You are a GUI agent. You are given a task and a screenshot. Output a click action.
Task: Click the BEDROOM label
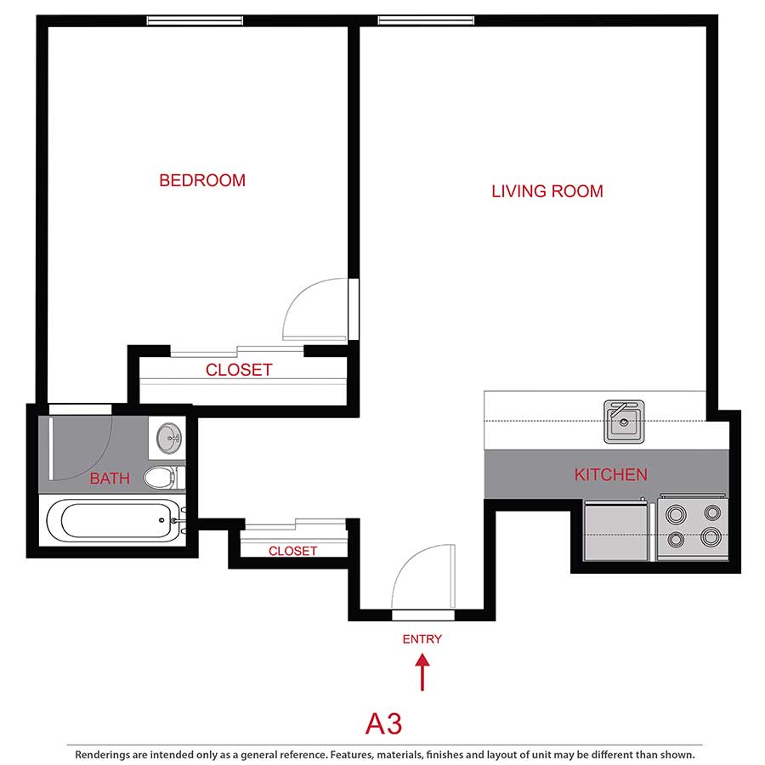(202, 180)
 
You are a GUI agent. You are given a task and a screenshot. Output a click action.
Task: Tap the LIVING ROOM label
(547, 191)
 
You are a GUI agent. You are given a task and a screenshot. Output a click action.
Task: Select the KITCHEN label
(610, 474)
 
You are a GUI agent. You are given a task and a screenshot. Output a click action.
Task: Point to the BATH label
(110, 479)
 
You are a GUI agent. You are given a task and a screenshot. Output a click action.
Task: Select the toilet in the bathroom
(161, 477)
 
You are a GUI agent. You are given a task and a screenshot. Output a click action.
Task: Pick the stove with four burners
(691, 526)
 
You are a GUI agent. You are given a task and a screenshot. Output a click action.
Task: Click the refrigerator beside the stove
(616, 530)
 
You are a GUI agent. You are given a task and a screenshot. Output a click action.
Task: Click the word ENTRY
(422, 639)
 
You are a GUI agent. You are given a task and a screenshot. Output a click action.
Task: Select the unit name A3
(383, 723)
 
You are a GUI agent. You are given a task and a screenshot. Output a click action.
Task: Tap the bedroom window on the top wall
(195, 20)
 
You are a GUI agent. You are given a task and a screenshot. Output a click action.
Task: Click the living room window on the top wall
(426, 20)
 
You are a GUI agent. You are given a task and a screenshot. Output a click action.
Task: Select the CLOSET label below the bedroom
(239, 370)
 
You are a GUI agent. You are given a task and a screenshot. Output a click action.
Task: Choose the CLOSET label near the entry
(292, 551)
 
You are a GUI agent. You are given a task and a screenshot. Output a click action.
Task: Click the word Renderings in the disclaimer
(107, 754)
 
